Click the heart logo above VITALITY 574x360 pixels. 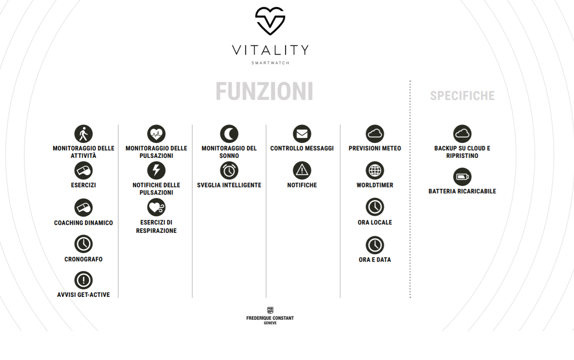[x=270, y=21]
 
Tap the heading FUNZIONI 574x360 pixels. [x=264, y=92]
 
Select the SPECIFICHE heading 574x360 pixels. [x=462, y=96]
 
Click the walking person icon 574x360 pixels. [x=84, y=134]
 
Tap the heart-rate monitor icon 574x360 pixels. [x=156, y=134]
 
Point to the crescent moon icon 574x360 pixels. [x=229, y=134]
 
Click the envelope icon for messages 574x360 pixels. [x=302, y=134]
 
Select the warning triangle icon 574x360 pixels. [x=302, y=171]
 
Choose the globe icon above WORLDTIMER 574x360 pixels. [x=375, y=171]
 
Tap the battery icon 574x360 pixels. [x=462, y=177]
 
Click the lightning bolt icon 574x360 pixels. [x=156, y=171]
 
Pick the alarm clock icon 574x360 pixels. [x=229, y=171]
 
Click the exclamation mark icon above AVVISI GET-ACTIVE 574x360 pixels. [x=84, y=280]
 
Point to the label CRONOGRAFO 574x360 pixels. [x=84, y=260]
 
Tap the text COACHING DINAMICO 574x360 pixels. [x=84, y=223]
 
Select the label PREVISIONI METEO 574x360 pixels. [x=375, y=149]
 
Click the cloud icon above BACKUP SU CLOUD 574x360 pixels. [x=462, y=134]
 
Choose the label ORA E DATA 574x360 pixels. [x=375, y=260]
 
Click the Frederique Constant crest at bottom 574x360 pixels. [x=270, y=310]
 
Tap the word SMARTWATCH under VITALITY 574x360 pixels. [x=270, y=63]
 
